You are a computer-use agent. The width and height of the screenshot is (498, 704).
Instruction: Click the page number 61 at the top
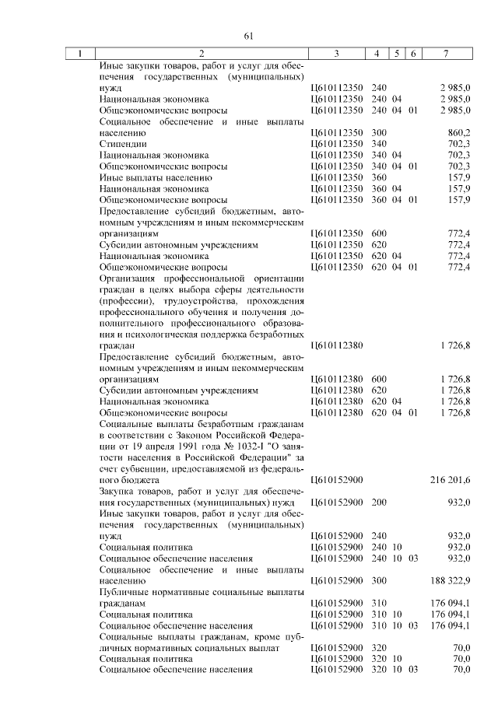249,36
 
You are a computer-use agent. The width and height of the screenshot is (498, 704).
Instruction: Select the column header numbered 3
335,54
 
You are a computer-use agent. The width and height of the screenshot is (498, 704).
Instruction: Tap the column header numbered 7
445,54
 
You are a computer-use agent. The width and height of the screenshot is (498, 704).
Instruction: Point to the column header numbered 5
397,54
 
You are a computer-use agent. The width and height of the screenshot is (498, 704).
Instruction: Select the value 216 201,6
450,480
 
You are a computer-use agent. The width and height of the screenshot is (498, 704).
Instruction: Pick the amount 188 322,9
450,580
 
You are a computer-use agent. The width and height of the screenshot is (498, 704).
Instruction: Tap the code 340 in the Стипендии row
379,144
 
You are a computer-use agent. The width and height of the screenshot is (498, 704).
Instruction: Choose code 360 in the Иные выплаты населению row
379,177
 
